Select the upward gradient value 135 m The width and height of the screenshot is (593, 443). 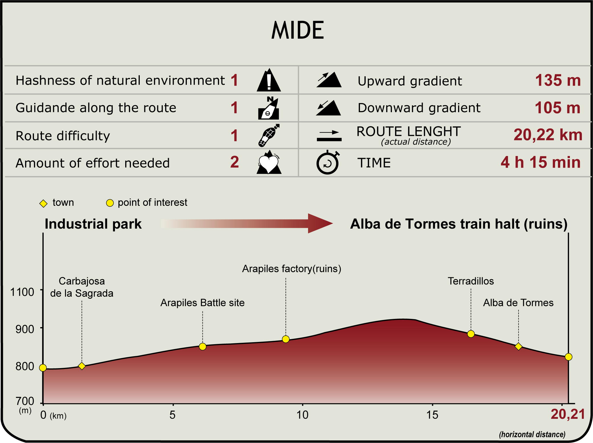pos(558,80)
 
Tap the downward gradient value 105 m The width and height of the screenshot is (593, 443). pos(557,108)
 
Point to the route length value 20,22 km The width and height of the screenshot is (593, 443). pos(548,135)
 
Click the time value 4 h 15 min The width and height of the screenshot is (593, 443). pos(541,162)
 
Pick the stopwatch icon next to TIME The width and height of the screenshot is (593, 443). pos(328,162)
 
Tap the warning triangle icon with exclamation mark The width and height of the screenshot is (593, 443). pos(269,80)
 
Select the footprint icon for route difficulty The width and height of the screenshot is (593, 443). pos(269,135)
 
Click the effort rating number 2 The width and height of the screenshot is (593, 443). pos(234,162)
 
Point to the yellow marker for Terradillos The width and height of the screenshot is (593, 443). pos(471,334)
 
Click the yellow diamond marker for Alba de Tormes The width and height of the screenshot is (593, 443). pos(519,346)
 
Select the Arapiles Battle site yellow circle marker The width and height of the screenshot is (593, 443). pos(203,346)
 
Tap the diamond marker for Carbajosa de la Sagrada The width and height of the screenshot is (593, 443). pos(82,366)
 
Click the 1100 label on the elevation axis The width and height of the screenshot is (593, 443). pos(22,292)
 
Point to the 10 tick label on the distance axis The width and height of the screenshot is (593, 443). pos(302,415)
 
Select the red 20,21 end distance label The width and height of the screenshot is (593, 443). pos(568,414)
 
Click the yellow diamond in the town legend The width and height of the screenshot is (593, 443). pos(43,203)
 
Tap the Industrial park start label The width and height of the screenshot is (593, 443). pos(93,224)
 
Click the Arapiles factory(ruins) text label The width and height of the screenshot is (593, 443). pos(292,269)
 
